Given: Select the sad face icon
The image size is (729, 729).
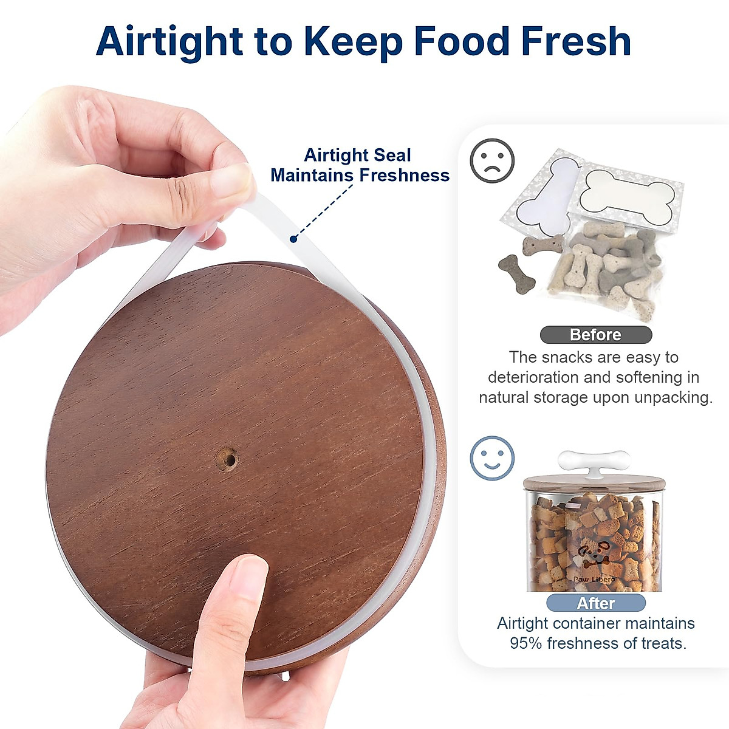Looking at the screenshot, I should [x=492, y=161].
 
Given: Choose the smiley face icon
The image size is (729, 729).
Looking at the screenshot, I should [x=492, y=458].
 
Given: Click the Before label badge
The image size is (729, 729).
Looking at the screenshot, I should [x=595, y=335].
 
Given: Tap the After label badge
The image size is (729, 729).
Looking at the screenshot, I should [x=595, y=603].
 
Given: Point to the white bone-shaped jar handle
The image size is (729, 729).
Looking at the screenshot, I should [x=594, y=461].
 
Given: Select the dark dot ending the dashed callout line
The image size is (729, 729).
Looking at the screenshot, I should [x=293, y=239].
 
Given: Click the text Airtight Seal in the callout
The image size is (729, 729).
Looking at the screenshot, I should [x=357, y=156].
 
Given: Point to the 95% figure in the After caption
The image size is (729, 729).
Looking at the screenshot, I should [x=526, y=643].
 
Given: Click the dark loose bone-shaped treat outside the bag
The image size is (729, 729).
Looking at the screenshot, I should [x=516, y=274].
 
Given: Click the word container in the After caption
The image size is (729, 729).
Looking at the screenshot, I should [x=593, y=623].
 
